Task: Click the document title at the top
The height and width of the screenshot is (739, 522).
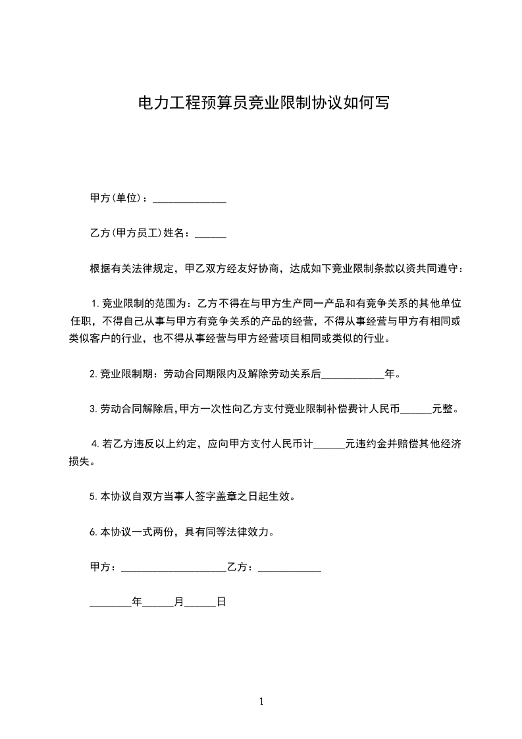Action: point(261,103)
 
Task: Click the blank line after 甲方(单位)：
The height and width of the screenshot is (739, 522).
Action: point(190,198)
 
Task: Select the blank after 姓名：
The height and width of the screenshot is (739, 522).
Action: point(211,233)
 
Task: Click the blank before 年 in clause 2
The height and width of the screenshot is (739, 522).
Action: point(352,374)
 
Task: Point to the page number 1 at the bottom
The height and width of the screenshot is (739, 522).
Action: point(261,701)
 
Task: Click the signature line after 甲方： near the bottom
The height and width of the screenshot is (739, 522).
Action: point(173,567)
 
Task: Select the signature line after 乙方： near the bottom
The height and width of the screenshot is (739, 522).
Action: point(289,567)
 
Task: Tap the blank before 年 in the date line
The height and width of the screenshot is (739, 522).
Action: point(110,602)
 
